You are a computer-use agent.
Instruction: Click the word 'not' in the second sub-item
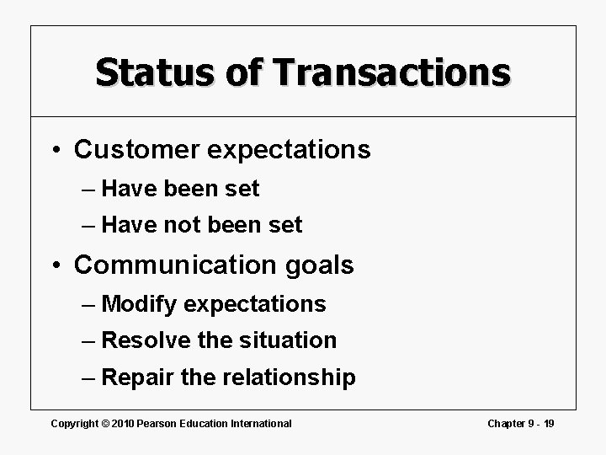[187, 226]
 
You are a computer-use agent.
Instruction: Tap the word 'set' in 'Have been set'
[242, 190]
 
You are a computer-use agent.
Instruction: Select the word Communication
[173, 265]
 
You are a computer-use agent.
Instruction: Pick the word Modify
[138, 304]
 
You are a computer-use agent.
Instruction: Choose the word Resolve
[143, 340]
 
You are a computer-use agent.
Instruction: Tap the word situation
[289, 340]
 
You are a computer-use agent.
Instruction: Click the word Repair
[137, 377]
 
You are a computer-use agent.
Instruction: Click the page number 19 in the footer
[549, 423]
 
